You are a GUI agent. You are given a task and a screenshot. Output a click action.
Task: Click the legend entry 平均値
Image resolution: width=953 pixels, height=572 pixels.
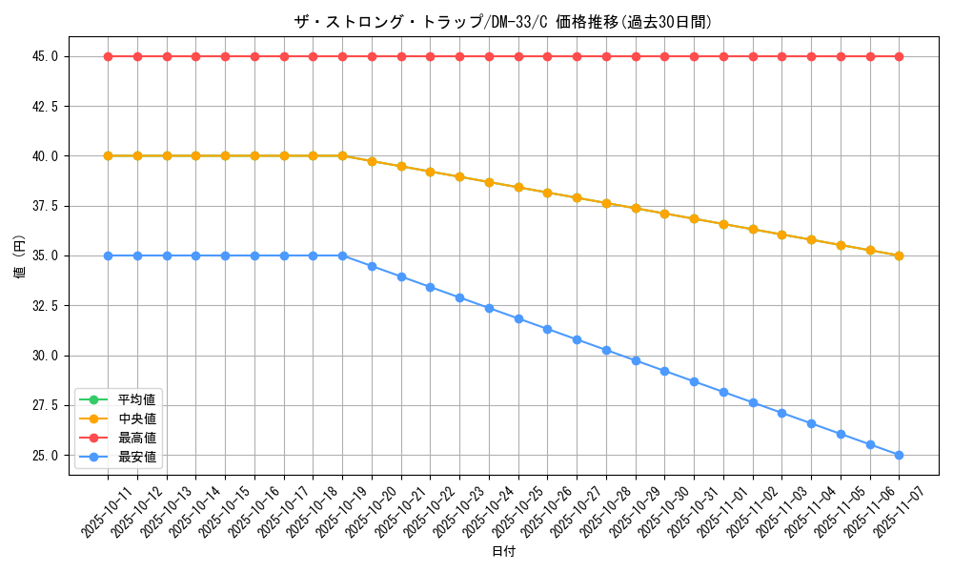(136, 398)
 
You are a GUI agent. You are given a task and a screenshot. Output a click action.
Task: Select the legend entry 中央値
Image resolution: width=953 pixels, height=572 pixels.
(136, 419)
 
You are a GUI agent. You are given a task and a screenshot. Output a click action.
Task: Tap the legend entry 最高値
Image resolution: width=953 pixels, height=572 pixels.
(136, 438)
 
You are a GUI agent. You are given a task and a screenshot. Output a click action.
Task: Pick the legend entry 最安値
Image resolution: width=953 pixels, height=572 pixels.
(136, 458)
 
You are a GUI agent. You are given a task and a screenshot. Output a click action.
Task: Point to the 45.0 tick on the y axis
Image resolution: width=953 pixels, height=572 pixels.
(44, 56)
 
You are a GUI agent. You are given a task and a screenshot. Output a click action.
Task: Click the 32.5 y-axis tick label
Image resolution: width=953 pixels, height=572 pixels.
(44, 306)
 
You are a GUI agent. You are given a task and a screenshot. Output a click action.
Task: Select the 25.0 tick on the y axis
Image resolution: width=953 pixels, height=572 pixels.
(44, 456)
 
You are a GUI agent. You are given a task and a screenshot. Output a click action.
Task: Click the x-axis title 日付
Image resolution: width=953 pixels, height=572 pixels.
(503, 552)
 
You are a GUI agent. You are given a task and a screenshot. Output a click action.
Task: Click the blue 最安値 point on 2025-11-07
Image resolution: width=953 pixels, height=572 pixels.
(899, 455)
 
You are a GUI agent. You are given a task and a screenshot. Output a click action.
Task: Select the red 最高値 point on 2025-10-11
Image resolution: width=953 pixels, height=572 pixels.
(108, 56)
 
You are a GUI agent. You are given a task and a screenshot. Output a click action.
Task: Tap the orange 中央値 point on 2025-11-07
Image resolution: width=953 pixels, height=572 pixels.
(899, 255)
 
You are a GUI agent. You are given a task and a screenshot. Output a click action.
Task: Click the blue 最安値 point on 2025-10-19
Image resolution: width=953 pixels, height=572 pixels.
(342, 255)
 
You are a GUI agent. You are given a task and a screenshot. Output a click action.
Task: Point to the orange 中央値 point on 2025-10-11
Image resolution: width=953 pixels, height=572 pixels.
(108, 155)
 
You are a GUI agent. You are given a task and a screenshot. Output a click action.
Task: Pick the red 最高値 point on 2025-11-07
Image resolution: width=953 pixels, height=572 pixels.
(899, 56)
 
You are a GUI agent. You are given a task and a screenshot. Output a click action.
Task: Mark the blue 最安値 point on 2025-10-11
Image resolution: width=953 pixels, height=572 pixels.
(108, 255)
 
